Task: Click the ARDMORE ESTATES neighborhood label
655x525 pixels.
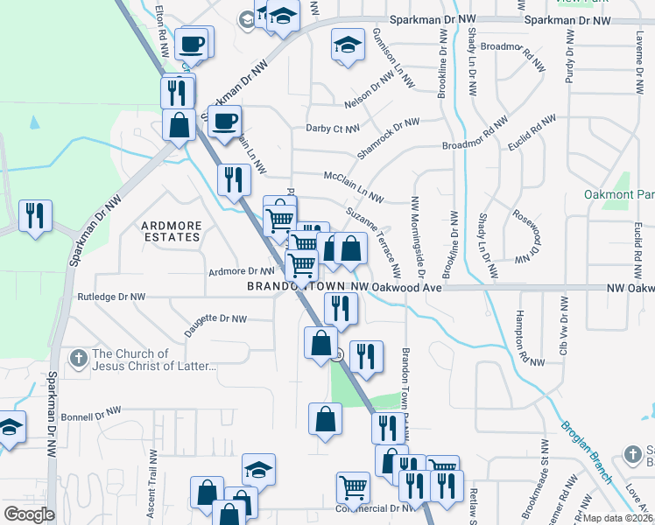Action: point(172,232)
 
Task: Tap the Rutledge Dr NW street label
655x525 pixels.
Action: point(111,297)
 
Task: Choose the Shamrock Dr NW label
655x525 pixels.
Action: point(388,138)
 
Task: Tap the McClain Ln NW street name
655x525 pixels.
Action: point(355,181)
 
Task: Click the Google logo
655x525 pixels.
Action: point(29,514)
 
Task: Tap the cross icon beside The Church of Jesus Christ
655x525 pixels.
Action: point(79,358)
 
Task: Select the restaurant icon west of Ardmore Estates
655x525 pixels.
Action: point(35,214)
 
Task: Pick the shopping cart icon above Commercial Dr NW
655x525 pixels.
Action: point(353,486)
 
